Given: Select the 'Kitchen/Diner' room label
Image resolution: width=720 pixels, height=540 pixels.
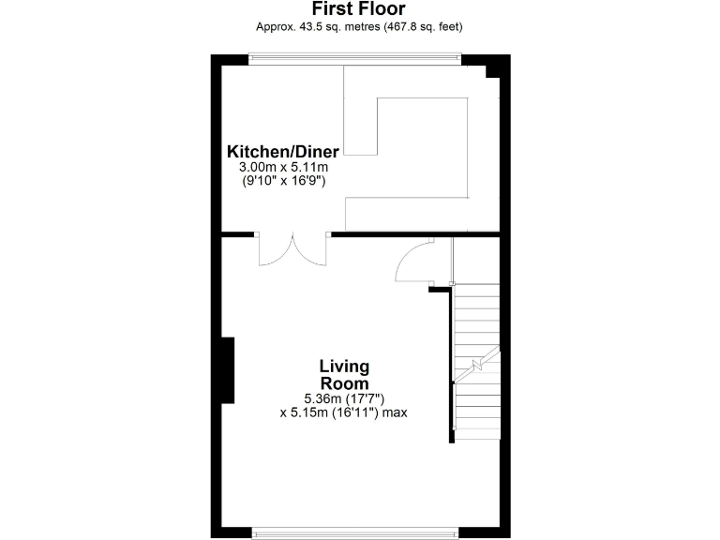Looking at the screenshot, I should pyautogui.click(x=282, y=152).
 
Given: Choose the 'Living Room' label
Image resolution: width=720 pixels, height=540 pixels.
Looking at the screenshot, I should pyautogui.click(x=344, y=374).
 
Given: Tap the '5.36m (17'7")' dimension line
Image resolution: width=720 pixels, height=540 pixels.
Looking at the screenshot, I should pyautogui.click(x=344, y=397).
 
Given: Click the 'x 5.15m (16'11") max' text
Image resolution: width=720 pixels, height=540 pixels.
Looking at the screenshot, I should pyautogui.click(x=344, y=411).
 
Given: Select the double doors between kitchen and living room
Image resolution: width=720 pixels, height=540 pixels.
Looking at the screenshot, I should pyautogui.click(x=292, y=250).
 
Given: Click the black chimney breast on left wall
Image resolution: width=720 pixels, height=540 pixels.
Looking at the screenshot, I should pyautogui.click(x=227, y=370).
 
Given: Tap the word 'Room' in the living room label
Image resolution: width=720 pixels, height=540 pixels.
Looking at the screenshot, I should pyautogui.click(x=344, y=383).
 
